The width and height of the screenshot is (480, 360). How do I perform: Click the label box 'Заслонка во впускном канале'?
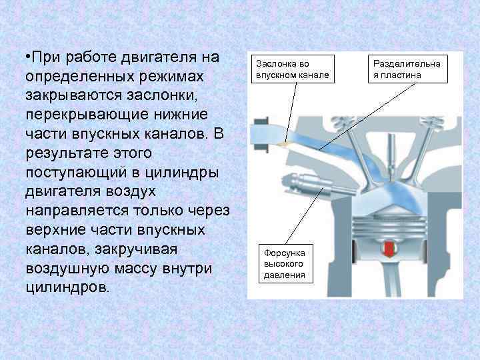coord(291,69)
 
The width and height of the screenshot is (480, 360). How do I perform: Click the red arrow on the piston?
coord(387,251)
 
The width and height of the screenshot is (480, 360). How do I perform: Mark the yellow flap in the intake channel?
coord(286,143)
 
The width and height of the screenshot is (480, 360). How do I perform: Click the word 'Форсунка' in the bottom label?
coord(285,253)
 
